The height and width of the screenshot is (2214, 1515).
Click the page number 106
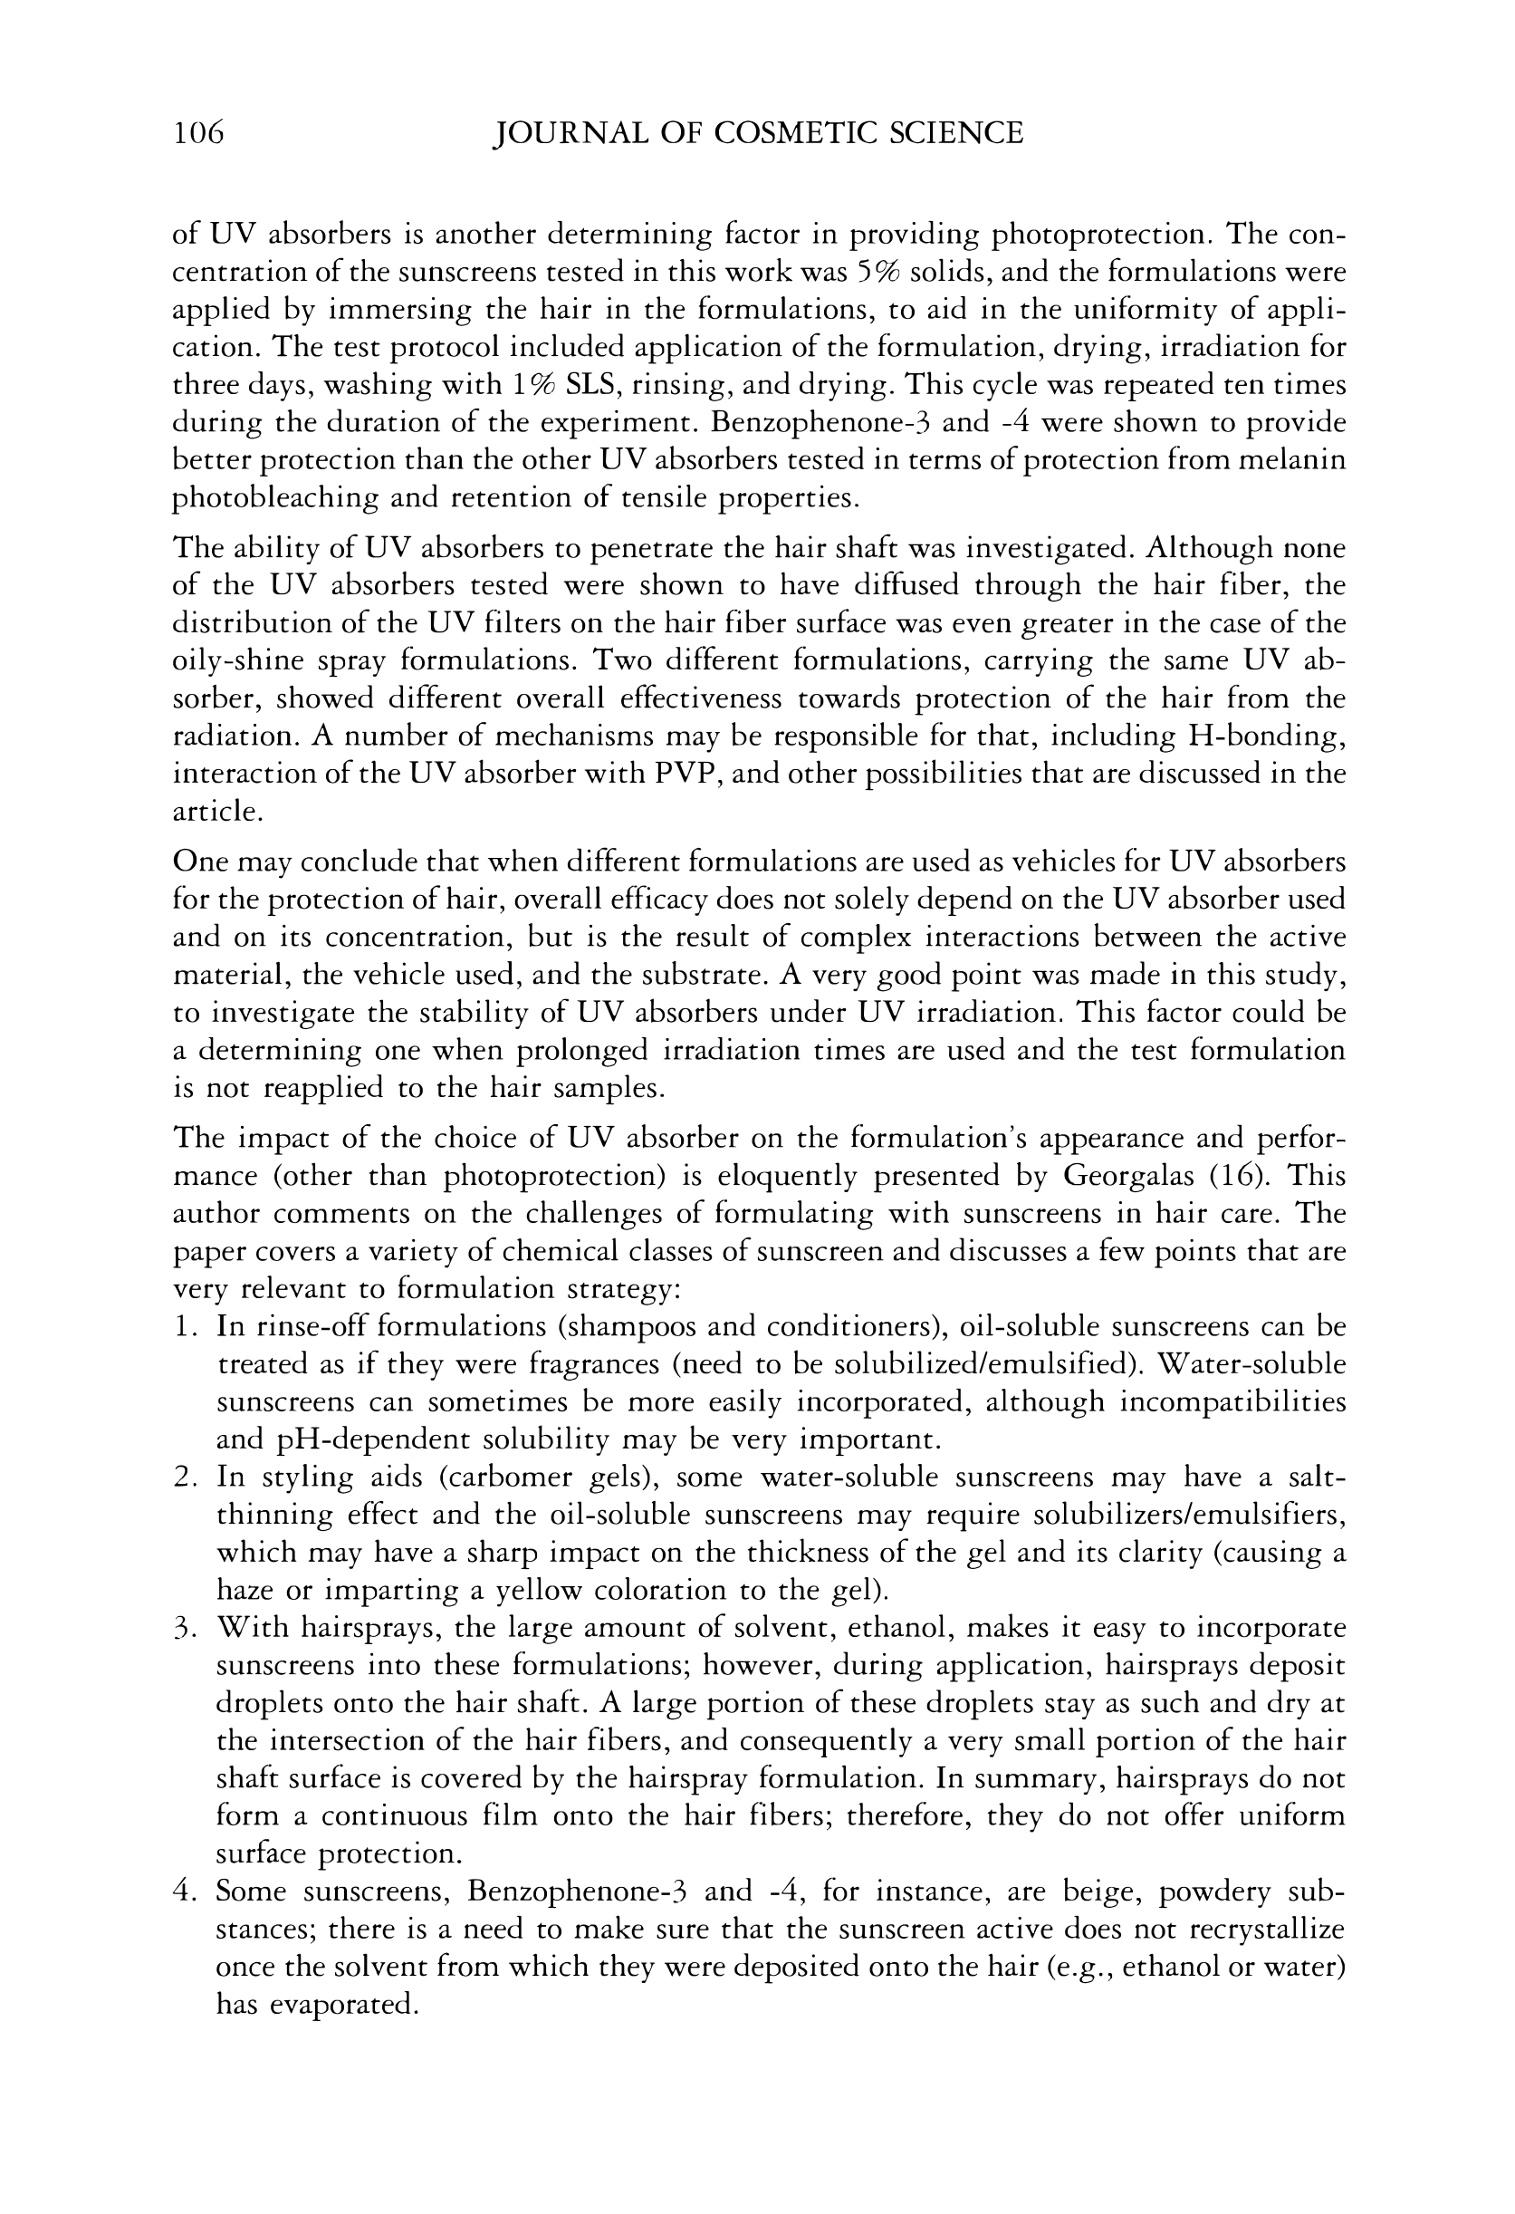coord(198,132)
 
